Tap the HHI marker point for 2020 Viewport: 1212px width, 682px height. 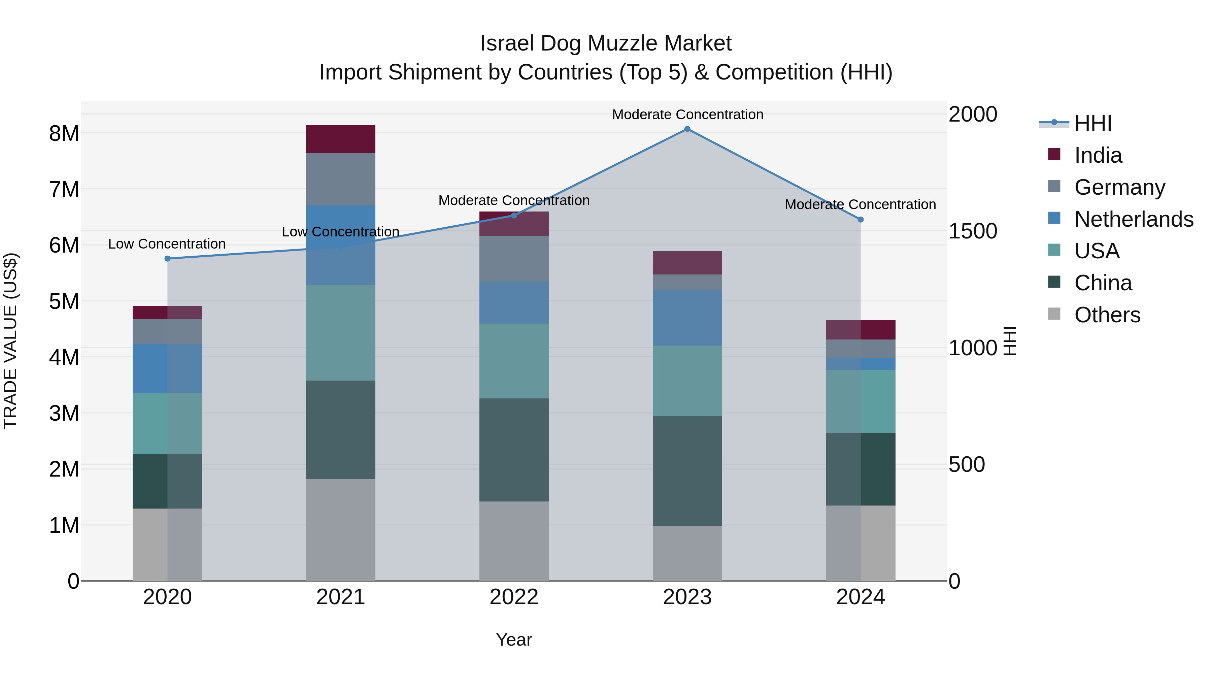tap(168, 258)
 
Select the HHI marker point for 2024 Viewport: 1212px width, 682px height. tap(861, 219)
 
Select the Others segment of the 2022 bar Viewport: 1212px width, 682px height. tap(514, 541)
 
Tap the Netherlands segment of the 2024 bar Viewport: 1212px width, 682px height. tap(861, 363)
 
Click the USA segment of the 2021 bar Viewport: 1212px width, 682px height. tap(341, 332)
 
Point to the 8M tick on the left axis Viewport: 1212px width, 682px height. tap(64, 134)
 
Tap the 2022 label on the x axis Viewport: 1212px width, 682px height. tap(514, 597)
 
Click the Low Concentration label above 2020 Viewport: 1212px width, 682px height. tap(167, 244)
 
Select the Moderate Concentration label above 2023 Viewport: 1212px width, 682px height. tap(687, 115)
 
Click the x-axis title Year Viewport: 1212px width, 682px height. tap(514, 640)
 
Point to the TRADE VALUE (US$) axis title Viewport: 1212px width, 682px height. tap(10, 341)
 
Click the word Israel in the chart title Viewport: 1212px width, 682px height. tap(506, 43)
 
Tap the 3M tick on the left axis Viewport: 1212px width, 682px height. tap(64, 413)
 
